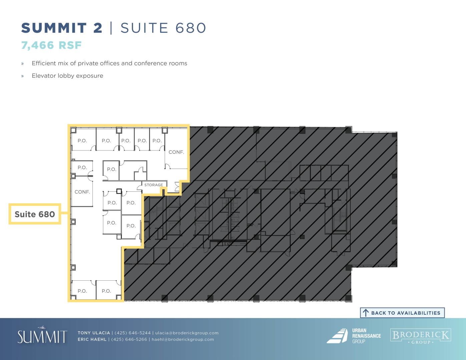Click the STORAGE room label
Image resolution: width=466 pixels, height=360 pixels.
(x=153, y=185)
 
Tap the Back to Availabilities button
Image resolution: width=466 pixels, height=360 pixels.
(x=402, y=313)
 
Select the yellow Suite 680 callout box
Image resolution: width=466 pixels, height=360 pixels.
(x=35, y=214)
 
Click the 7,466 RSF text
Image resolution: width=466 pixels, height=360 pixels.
(x=51, y=45)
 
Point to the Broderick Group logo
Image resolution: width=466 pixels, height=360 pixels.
(x=421, y=336)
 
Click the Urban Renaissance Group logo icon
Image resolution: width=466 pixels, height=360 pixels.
(x=337, y=336)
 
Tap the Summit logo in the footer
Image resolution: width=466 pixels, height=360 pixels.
(x=42, y=335)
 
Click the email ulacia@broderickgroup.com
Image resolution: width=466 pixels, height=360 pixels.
(x=187, y=333)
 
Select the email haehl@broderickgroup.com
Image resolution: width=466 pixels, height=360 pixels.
(x=183, y=339)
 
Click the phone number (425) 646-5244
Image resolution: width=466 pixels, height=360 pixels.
(x=132, y=333)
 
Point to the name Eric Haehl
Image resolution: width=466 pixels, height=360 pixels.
(x=92, y=339)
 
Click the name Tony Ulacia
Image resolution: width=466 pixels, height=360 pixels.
(x=94, y=333)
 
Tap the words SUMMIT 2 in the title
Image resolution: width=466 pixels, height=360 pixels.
(x=62, y=28)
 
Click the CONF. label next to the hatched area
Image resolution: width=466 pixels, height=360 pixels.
(x=176, y=152)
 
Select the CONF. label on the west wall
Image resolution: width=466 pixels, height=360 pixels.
(x=82, y=192)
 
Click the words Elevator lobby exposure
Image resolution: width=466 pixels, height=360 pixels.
(x=67, y=76)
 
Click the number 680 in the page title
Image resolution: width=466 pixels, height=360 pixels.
(x=191, y=28)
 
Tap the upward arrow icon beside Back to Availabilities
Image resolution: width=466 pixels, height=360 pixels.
(x=366, y=313)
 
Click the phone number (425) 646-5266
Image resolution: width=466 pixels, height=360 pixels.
(x=129, y=339)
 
